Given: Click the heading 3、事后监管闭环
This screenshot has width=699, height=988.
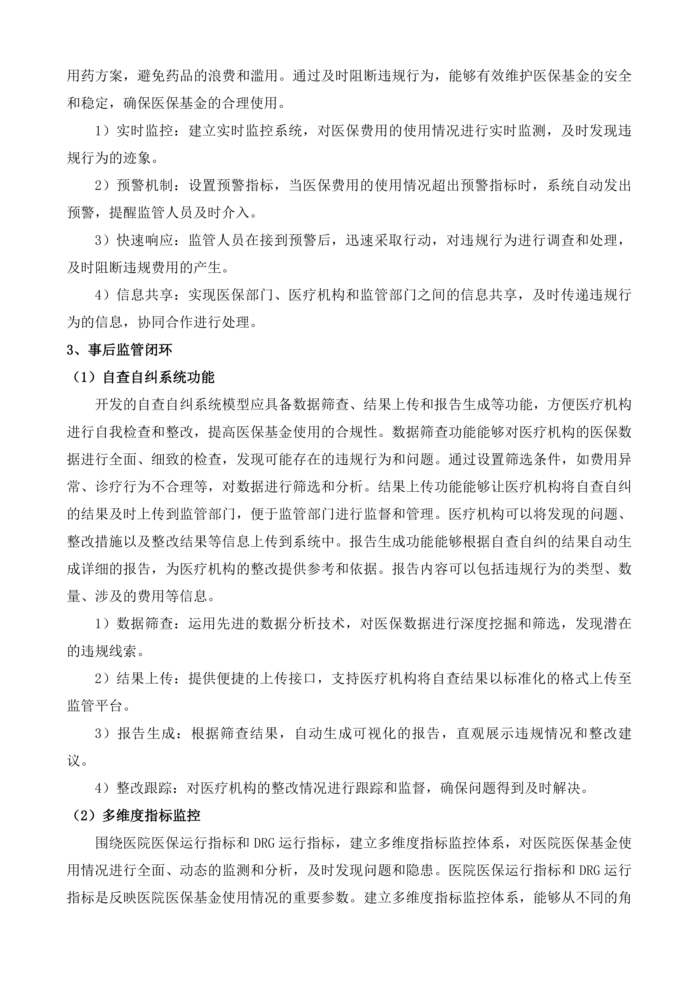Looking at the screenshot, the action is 119,350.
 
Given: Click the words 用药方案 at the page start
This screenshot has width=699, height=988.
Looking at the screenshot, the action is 95,76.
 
